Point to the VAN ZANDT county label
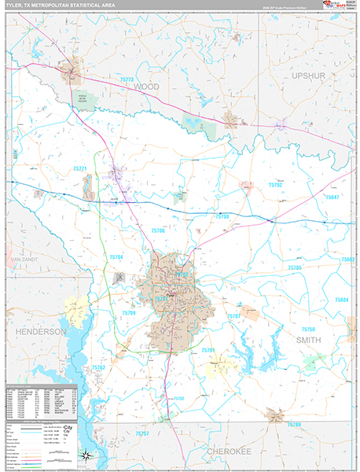[x=24, y=259]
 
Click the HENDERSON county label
[x=38, y=332]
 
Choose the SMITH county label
[x=308, y=339]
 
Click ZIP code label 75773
[x=127, y=79]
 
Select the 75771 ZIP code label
[x=80, y=168]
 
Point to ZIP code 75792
[x=276, y=185]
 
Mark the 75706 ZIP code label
[x=158, y=230]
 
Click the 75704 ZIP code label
[x=116, y=257]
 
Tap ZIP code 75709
[x=130, y=312]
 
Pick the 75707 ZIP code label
[x=233, y=315]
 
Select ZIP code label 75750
[x=308, y=329]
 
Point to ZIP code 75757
[x=141, y=433]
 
